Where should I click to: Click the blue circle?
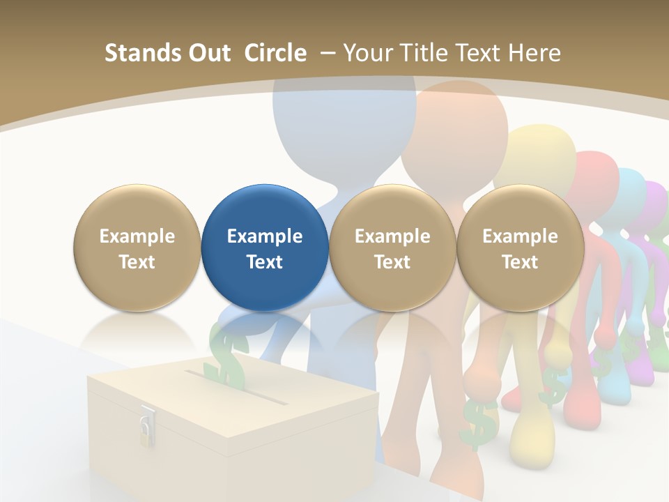(x=265, y=248)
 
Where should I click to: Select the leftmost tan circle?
(x=137, y=248)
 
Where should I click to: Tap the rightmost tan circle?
(x=520, y=248)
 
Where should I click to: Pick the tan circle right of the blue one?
(x=392, y=248)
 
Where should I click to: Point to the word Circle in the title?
(x=275, y=53)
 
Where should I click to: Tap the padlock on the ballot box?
(x=146, y=427)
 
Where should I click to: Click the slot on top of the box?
(x=237, y=388)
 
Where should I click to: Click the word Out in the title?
(x=208, y=53)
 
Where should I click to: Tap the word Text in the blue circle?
(x=265, y=262)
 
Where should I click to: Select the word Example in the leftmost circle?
(x=137, y=236)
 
